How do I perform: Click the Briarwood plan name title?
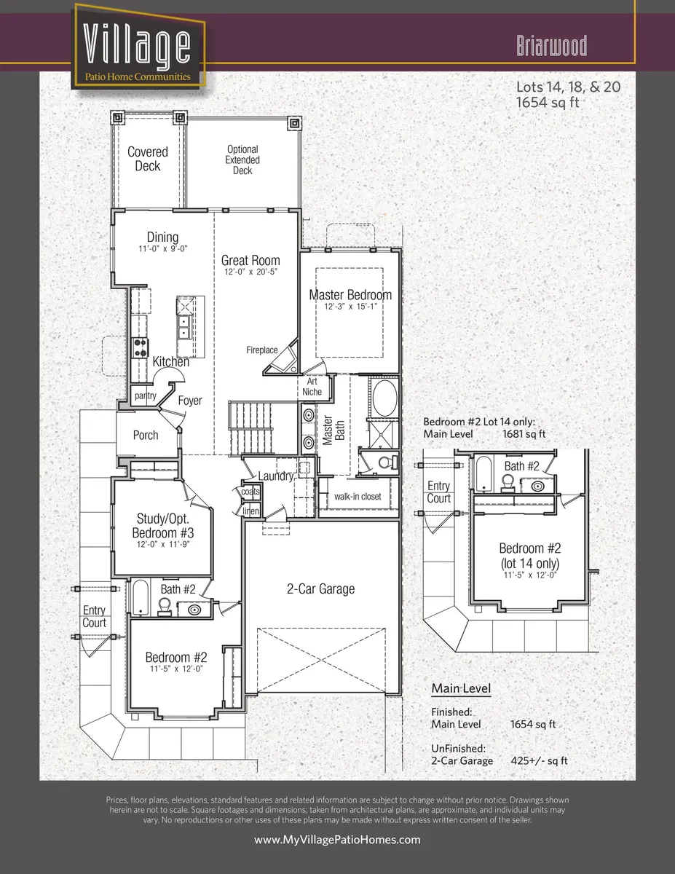coord(551,46)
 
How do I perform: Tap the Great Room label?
coord(250,260)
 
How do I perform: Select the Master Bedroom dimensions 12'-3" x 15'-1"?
coord(350,307)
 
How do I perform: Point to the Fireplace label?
coord(261,350)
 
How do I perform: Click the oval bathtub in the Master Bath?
coord(383,400)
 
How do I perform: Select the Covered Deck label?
coord(148,159)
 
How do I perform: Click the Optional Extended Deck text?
coord(242,160)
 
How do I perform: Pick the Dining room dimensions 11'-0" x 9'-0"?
coord(162,248)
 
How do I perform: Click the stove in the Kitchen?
coord(139,347)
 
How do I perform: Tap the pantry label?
coord(146,395)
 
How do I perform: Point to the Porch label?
coord(146,435)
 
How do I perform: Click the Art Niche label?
coord(312,386)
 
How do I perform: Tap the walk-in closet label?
coord(358,497)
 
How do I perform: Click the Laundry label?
coord(275,476)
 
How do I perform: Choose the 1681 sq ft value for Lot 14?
coord(524,434)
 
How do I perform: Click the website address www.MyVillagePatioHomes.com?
coord(337,840)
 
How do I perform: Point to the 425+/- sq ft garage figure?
coord(539,760)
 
